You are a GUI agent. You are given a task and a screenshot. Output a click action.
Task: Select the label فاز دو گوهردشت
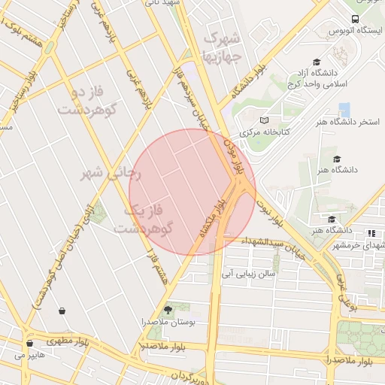(90, 100)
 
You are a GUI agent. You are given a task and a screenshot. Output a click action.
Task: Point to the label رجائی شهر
(111, 173)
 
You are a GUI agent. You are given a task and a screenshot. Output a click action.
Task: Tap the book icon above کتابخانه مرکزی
(262, 120)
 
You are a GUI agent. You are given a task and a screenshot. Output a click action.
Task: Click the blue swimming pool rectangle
(344, 110)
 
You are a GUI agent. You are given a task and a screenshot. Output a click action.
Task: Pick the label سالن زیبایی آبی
(249, 274)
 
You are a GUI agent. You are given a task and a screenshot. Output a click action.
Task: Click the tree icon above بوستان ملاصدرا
(167, 309)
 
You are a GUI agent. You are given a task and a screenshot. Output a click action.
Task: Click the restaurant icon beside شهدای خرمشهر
(371, 234)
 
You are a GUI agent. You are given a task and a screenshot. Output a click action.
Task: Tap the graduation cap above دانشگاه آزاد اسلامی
(317, 62)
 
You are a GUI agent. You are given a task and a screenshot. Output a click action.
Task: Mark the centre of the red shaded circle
(192, 192)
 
